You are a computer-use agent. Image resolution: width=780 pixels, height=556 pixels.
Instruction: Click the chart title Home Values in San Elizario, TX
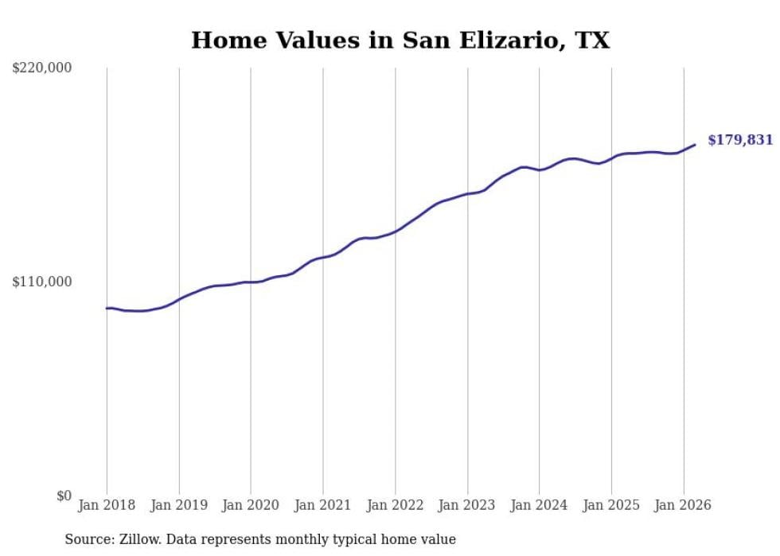click(x=400, y=40)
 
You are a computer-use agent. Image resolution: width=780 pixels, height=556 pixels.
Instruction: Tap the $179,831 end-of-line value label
click(x=740, y=140)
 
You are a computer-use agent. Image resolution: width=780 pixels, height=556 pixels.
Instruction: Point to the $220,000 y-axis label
click(x=42, y=68)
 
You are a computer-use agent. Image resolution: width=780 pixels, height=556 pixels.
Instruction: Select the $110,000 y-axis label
click(x=42, y=282)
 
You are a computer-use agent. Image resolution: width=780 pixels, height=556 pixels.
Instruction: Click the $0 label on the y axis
click(x=64, y=496)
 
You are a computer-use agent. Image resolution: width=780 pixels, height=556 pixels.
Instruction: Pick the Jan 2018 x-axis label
click(x=107, y=505)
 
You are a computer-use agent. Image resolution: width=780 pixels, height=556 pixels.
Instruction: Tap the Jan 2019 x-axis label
click(x=179, y=505)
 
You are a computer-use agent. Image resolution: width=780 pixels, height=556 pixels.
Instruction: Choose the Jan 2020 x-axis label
click(x=251, y=505)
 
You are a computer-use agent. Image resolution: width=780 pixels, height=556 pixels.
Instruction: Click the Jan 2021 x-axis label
click(x=323, y=505)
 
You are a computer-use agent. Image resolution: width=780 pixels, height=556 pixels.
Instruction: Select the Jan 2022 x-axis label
click(x=396, y=505)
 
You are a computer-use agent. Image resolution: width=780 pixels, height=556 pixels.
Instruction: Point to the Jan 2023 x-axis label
click(x=467, y=505)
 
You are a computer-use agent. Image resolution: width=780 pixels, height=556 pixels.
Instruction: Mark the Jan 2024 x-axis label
click(x=540, y=505)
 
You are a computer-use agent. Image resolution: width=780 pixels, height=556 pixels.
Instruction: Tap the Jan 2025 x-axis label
click(x=611, y=505)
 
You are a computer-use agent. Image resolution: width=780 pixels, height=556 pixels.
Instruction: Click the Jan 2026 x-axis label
click(x=684, y=505)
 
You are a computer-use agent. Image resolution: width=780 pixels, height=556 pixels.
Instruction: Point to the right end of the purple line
click(x=695, y=145)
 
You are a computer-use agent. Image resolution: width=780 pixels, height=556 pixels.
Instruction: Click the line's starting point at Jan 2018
click(x=107, y=308)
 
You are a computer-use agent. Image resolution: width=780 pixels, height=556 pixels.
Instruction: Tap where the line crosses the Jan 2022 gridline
click(x=396, y=231)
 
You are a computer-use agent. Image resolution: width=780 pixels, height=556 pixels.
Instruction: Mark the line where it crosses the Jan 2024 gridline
click(x=540, y=169)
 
